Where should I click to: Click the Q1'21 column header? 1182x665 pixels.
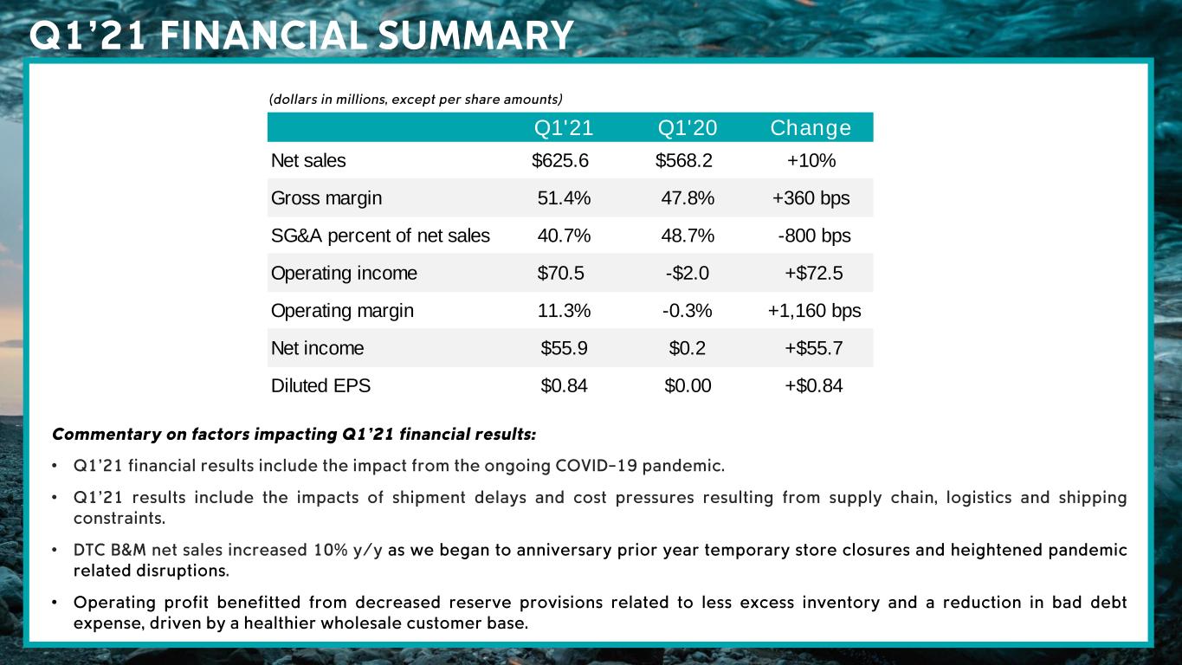pos(564,128)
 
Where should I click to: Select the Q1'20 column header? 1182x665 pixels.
pos(688,128)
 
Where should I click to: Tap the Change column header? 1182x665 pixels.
pos(810,128)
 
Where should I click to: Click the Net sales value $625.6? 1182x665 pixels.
pos(560,160)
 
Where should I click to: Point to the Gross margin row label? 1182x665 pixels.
pos(326,198)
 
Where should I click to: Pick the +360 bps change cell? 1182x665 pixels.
pos(811,198)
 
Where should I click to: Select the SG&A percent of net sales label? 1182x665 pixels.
pos(380,236)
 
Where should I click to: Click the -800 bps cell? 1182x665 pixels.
pos(814,236)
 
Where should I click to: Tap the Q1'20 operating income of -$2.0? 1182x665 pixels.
pos(688,274)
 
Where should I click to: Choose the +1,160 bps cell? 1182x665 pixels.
pos(814,311)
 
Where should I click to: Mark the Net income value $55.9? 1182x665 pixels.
pos(564,348)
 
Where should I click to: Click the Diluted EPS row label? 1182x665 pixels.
pos(320,386)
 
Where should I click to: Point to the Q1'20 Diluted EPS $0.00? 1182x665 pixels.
pos(688,386)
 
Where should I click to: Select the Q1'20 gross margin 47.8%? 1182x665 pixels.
pos(688,198)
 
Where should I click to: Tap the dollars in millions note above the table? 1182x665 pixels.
pos(416,99)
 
